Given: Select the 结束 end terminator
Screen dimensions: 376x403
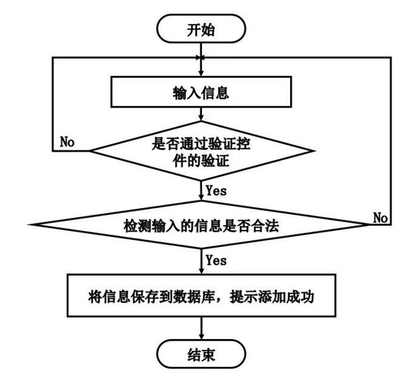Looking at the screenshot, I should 201,355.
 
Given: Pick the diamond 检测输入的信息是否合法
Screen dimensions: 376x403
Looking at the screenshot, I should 201,224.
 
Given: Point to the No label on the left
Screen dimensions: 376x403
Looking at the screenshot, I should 67,143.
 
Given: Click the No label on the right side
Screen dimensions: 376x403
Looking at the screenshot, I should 381,217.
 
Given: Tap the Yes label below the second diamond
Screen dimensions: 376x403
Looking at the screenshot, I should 216,261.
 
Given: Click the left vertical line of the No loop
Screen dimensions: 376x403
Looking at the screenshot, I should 52,103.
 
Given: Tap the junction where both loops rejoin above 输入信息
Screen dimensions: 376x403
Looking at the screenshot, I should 201,58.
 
